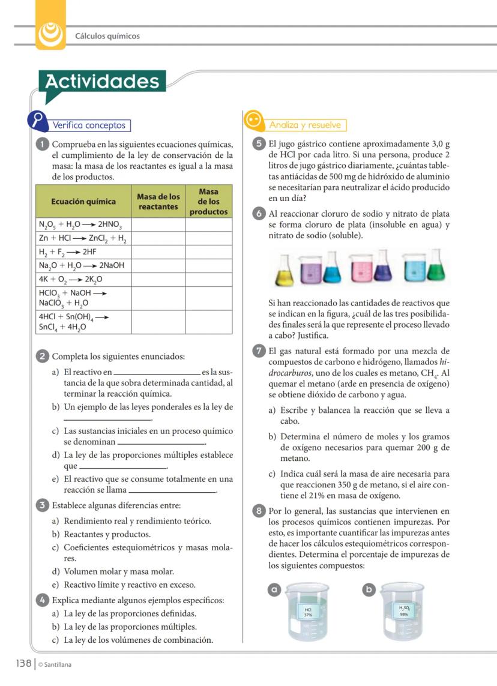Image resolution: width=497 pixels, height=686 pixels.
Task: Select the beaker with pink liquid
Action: click(x=360, y=269)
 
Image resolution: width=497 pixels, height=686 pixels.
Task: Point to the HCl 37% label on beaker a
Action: click(x=308, y=612)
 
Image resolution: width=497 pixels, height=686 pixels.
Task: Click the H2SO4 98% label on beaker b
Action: click(x=403, y=611)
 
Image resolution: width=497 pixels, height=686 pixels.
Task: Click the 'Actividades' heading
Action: click(x=102, y=82)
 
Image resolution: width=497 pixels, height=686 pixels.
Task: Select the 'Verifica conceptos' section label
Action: click(x=89, y=125)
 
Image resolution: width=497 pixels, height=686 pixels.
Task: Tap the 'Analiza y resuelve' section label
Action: click(x=305, y=125)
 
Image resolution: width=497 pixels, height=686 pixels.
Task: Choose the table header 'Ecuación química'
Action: click(x=83, y=202)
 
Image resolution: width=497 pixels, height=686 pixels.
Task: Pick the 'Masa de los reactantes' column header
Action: click(x=158, y=202)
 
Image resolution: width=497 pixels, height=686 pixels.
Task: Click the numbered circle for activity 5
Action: click(x=259, y=144)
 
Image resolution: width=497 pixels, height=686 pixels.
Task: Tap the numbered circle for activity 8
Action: click(x=259, y=511)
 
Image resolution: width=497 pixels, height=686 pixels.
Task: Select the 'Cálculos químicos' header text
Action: click(x=107, y=36)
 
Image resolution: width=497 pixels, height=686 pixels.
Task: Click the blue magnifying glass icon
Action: click(x=38, y=120)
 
